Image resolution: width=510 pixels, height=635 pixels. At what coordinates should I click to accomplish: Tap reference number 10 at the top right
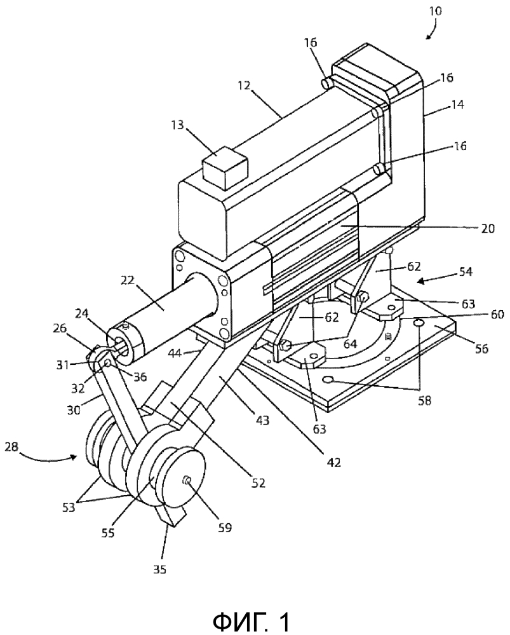click(436, 11)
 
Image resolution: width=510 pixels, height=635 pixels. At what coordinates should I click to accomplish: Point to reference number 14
click(457, 105)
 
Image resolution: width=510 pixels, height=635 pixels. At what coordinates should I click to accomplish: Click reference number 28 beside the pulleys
click(13, 447)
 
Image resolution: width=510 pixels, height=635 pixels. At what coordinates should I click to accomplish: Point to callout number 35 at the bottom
click(159, 570)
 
